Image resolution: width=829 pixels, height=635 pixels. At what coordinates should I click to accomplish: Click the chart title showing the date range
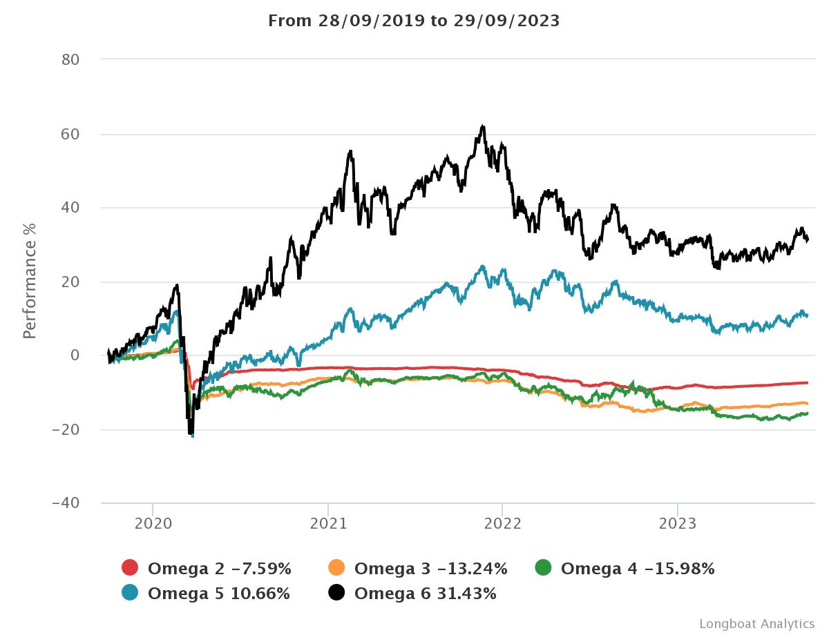tap(414, 21)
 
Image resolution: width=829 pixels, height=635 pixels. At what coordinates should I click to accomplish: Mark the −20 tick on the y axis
tap(66, 429)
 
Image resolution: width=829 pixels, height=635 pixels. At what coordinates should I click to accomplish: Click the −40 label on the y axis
tap(66, 503)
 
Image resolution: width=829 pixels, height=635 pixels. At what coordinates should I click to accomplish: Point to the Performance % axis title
tap(29, 282)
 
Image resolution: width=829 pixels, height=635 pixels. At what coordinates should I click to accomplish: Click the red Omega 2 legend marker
tap(130, 569)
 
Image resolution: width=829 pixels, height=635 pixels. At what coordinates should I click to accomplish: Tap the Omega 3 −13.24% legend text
tap(430, 569)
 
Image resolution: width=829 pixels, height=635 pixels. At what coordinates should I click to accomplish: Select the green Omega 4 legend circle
tap(544, 569)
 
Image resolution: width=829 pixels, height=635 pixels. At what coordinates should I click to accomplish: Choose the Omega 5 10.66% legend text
tap(219, 593)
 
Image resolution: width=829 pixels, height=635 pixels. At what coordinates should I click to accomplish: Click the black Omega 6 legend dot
tap(336, 593)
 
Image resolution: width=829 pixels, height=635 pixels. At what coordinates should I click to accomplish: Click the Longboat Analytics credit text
tap(756, 624)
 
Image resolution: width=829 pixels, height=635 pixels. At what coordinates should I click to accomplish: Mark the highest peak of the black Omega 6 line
tap(483, 126)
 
